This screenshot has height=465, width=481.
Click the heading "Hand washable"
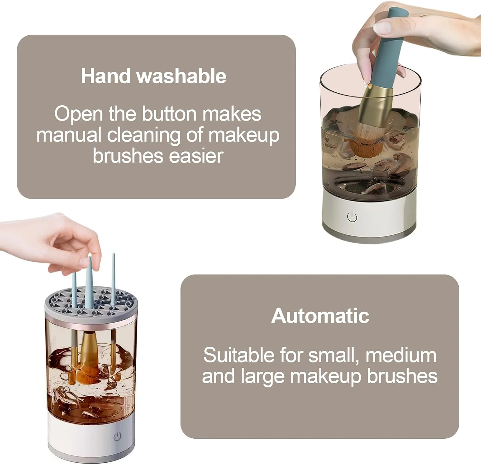click(x=154, y=76)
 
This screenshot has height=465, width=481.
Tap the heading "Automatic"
click(x=320, y=316)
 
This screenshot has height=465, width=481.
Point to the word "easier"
click(x=196, y=156)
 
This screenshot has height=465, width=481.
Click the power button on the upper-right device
click(x=352, y=217)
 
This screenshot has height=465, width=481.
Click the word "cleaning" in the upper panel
click(x=144, y=135)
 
